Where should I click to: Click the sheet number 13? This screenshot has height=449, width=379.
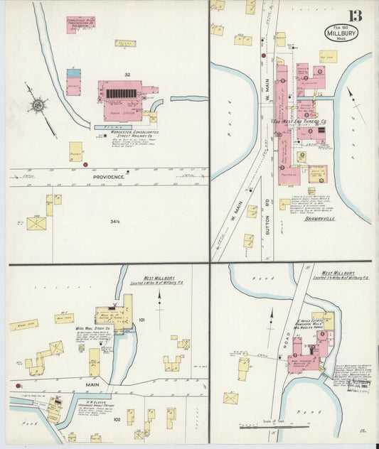tap(354, 16)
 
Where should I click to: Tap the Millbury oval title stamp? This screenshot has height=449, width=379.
tap(342, 33)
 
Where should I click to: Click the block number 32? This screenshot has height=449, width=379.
tap(127, 75)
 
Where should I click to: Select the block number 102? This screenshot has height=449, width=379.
tap(124, 419)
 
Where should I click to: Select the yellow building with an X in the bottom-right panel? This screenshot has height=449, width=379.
tap(230, 398)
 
